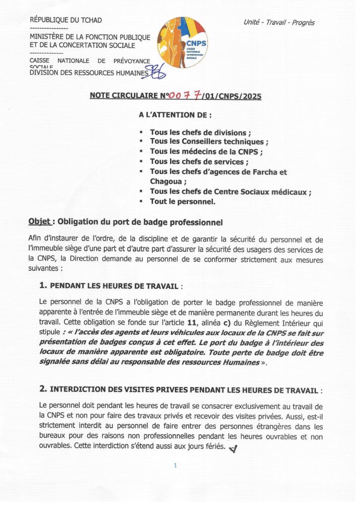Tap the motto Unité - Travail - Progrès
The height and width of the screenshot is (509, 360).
[x=279, y=22]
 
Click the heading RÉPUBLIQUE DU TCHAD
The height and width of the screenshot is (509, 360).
[x=66, y=20]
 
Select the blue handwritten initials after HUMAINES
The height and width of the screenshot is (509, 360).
[x=158, y=74]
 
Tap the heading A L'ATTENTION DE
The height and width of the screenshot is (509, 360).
[x=176, y=115]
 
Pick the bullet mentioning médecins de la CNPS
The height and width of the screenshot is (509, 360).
[x=206, y=152]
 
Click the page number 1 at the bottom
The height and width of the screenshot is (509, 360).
[x=176, y=466]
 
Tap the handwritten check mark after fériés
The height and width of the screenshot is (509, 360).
[x=234, y=448]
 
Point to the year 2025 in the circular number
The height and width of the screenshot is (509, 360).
[x=251, y=96]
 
